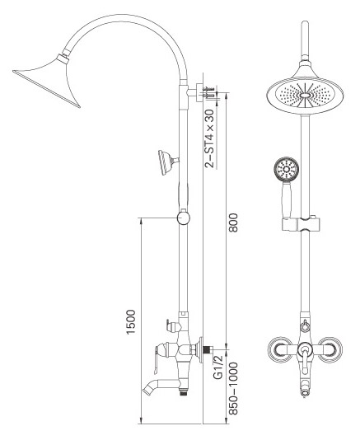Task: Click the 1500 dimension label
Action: tap(131, 321)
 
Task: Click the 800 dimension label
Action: tap(233, 222)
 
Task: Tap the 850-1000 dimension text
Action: tap(233, 389)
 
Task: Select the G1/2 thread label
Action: tap(217, 367)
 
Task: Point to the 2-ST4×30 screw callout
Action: tap(209, 138)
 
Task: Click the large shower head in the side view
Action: tap(47, 81)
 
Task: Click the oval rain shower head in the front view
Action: tap(305, 96)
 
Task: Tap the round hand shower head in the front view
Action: tap(286, 169)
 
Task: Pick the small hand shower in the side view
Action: tap(168, 162)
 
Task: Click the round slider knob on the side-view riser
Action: tap(183, 218)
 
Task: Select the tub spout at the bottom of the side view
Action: tap(161, 385)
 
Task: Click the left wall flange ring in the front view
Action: tap(279, 349)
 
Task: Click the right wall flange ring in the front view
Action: tap(330, 349)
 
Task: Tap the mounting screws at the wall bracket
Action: tap(209, 92)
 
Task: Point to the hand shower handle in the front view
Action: tap(287, 199)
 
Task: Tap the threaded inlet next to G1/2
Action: tap(207, 350)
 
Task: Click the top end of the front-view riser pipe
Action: tap(305, 22)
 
